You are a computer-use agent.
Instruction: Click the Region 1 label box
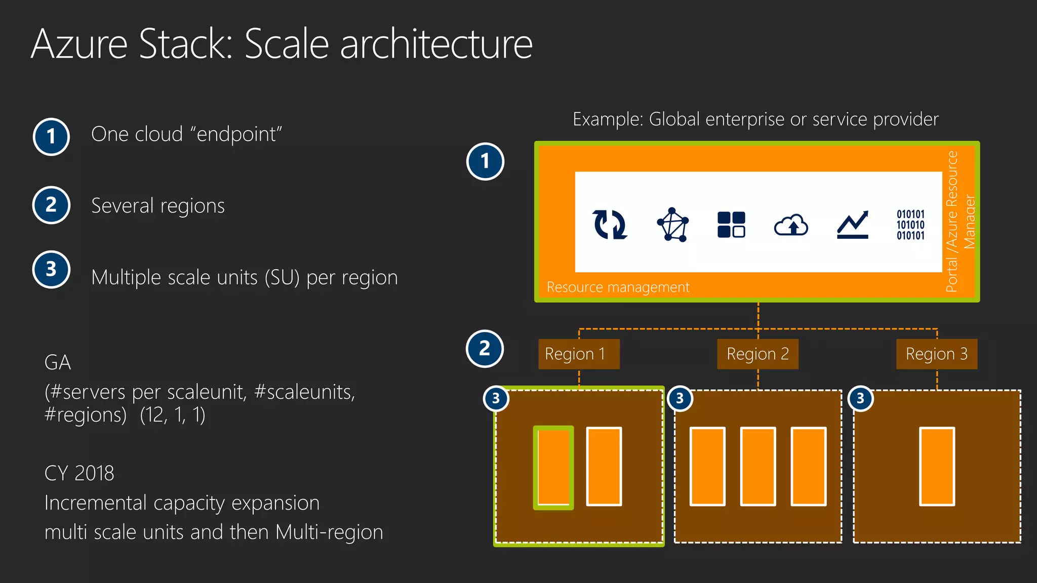click(x=579, y=354)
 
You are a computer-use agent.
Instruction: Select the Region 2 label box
click(x=757, y=354)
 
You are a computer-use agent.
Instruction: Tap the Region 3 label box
click(x=936, y=354)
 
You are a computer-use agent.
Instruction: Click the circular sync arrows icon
click(x=610, y=224)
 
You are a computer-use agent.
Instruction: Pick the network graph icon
click(x=672, y=224)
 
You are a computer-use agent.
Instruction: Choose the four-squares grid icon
click(x=731, y=224)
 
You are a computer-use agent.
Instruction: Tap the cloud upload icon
click(x=791, y=225)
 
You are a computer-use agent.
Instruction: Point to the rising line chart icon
click(x=853, y=225)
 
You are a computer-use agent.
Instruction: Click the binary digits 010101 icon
click(x=910, y=225)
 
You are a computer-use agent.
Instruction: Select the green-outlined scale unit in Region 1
click(x=553, y=467)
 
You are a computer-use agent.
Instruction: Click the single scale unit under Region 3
click(x=937, y=467)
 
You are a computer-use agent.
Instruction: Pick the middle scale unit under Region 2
click(x=757, y=467)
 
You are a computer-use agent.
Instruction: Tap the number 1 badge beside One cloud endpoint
click(x=51, y=137)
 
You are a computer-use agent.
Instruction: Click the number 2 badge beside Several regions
click(x=51, y=205)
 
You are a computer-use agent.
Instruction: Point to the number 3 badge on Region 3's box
click(x=860, y=399)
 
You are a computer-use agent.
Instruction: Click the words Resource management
click(x=618, y=287)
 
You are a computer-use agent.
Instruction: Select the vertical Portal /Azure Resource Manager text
click(x=960, y=222)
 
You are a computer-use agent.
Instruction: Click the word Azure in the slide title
click(x=79, y=44)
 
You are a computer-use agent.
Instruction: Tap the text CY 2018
click(x=79, y=473)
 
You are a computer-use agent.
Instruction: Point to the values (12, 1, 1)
click(x=173, y=415)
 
